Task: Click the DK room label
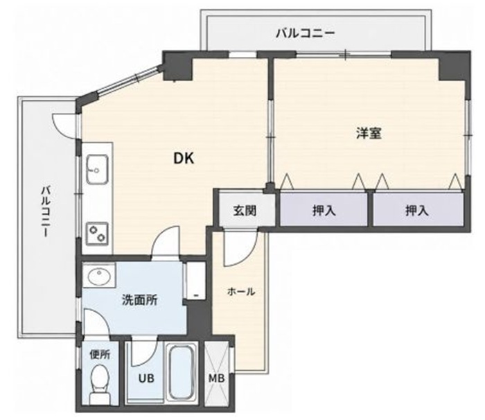184,159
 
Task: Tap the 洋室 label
369,133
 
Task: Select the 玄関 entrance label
245,211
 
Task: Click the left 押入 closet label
324,211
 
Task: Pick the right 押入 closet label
417,211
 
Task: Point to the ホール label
241,292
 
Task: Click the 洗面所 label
140,300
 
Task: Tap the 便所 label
100,354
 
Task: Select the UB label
146,378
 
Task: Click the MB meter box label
216,378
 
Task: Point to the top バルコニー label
306,33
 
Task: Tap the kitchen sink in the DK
97,169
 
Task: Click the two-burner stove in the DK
97,234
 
